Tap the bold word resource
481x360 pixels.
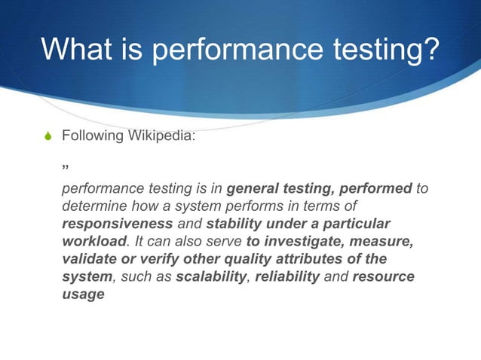[x=384, y=277]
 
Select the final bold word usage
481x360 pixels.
[x=83, y=294]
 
